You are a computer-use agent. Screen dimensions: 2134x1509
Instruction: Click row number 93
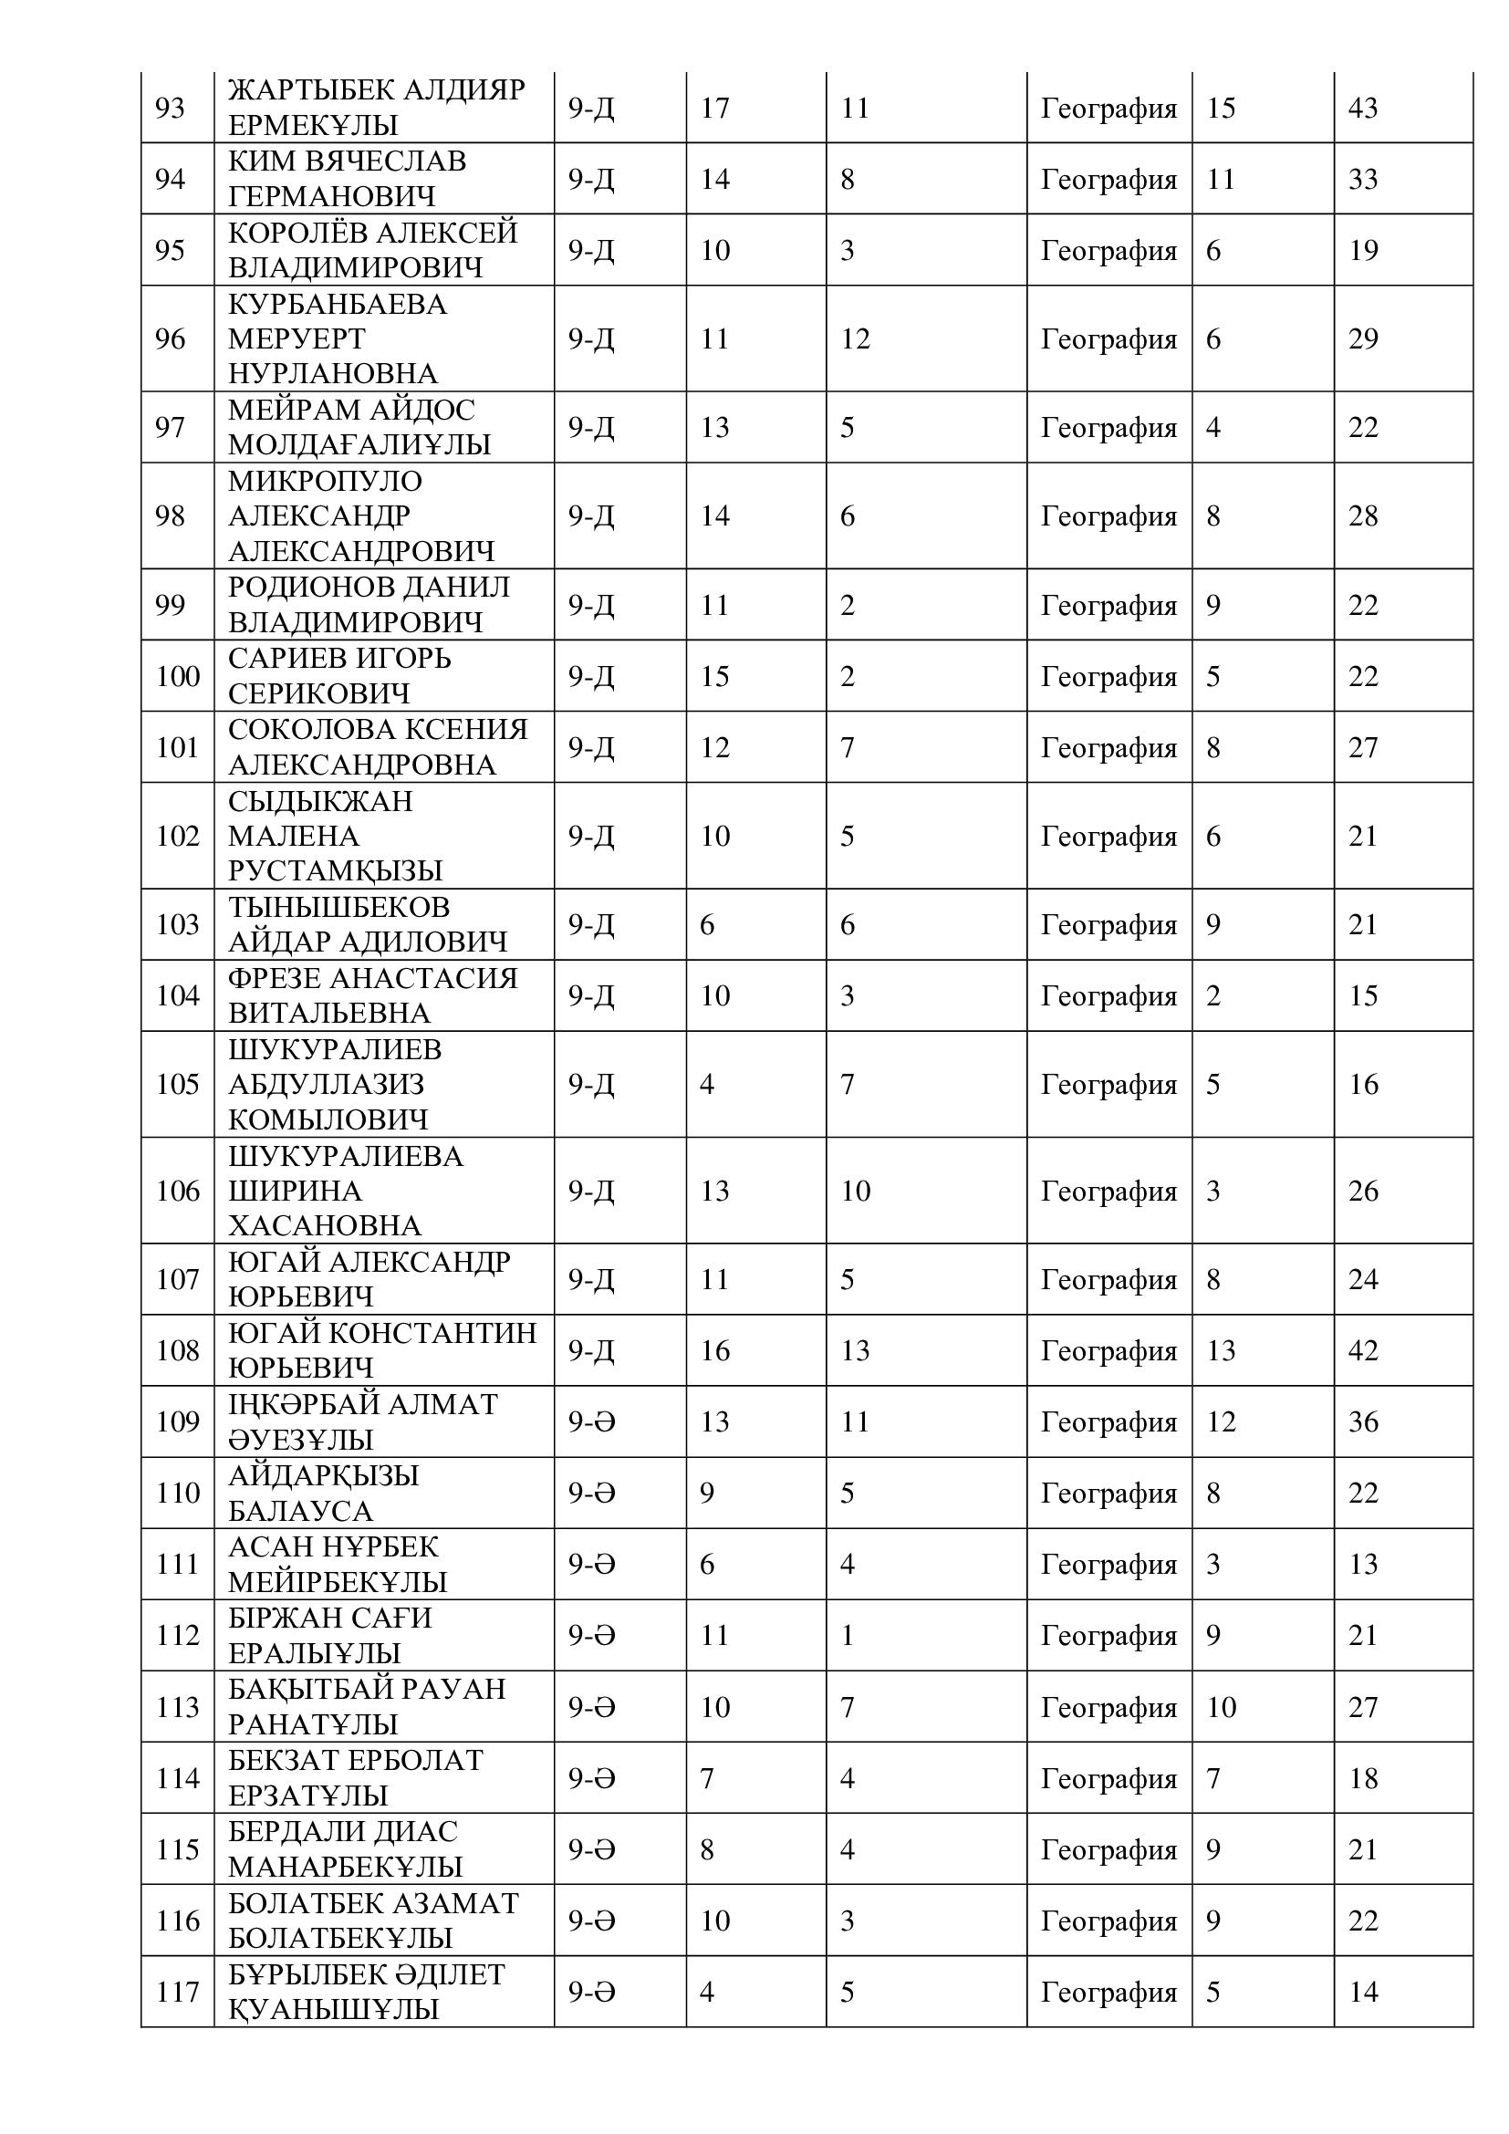click(x=170, y=109)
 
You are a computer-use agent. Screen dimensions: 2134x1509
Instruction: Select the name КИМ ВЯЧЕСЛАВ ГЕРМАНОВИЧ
click(x=347, y=179)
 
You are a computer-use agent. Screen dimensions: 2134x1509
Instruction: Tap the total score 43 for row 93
click(x=1362, y=109)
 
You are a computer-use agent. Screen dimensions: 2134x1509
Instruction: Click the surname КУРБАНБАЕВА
click(x=338, y=304)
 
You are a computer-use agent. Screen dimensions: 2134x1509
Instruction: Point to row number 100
click(x=178, y=676)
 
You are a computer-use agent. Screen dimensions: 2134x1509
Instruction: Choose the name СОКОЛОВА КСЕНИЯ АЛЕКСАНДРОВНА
click(x=378, y=746)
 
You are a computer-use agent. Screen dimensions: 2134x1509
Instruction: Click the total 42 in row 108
click(x=1362, y=1349)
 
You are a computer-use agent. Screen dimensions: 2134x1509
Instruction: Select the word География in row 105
click(x=1108, y=1084)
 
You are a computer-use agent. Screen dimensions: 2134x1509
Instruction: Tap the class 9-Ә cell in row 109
click(x=592, y=1421)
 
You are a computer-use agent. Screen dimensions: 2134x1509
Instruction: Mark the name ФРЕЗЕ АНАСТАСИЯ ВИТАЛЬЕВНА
click(x=372, y=994)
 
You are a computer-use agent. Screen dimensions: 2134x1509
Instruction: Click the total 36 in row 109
click(x=1362, y=1421)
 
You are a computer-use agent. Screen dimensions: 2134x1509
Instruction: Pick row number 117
click(x=178, y=1992)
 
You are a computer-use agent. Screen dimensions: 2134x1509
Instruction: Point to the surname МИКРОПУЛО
click(x=325, y=481)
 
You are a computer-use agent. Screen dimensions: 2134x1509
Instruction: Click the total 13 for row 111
click(x=1362, y=1565)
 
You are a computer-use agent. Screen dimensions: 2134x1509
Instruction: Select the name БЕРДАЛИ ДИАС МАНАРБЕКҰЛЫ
click(x=345, y=1848)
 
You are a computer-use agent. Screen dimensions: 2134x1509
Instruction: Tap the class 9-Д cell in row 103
click(x=591, y=924)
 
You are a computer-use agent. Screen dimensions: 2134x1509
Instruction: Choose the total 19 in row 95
click(x=1362, y=250)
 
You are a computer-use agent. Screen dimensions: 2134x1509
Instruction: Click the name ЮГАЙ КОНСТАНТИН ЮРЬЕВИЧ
click(x=382, y=1349)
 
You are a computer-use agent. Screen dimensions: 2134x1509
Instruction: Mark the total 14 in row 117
click(x=1362, y=1992)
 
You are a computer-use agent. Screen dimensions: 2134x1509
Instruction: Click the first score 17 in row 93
click(x=714, y=109)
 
